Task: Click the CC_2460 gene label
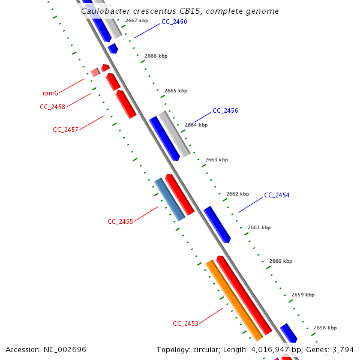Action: [174, 22]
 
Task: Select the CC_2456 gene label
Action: [225, 111]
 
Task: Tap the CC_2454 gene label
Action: [277, 196]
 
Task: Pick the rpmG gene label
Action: [50, 94]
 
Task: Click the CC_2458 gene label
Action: [52, 107]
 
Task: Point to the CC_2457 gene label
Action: [65, 130]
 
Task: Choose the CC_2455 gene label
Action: [120, 221]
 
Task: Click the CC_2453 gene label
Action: [185, 324]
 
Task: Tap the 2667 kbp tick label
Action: [137, 21]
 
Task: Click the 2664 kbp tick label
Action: [196, 125]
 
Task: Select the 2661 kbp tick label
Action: [259, 228]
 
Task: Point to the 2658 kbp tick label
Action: [325, 328]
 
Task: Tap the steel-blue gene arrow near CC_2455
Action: [170, 199]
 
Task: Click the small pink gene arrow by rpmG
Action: [95, 73]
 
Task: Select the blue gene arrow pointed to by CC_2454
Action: [217, 224]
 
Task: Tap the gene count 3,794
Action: [342, 350]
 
